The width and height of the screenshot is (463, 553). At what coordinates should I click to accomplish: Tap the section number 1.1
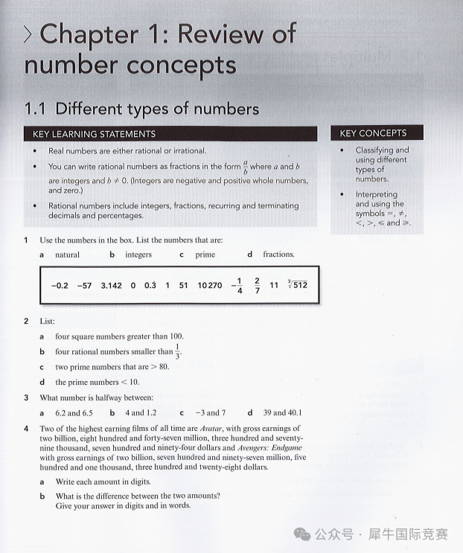pyautogui.click(x=35, y=109)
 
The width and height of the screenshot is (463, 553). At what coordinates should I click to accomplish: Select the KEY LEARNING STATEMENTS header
pyautogui.click(x=95, y=134)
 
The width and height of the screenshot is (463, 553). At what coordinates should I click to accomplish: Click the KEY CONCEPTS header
pyautogui.click(x=373, y=133)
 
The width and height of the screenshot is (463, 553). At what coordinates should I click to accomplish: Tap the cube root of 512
pyautogui.click(x=297, y=284)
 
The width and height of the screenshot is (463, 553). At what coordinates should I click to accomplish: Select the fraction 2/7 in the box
pyautogui.click(x=257, y=284)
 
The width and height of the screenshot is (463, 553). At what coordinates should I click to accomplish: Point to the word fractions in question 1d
pyautogui.click(x=278, y=255)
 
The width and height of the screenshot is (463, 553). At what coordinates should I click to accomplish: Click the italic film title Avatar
pyautogui.click(x=213, y=429)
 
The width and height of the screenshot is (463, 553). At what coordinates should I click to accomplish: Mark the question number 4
pyautogui.click(x=26, y=429)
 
